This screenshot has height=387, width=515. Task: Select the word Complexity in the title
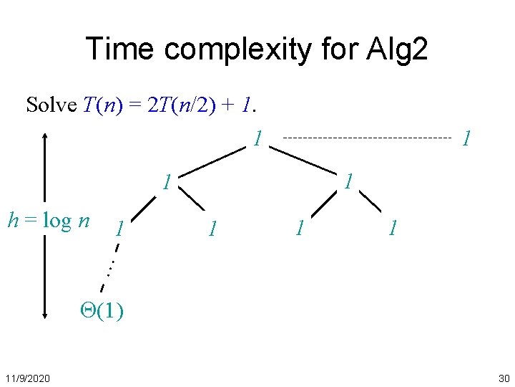pos(236,50)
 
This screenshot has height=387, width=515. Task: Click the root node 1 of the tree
pos(257,138)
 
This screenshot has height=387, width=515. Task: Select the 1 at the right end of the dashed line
pos(466,138)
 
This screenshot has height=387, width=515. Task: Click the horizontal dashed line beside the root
pos(368,136)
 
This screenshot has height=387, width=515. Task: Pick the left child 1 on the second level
pos(166,182)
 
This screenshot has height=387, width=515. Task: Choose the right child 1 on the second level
pos(348,181)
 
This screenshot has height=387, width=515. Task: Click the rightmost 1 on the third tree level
pos(392,229)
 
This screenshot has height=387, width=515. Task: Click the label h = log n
pos(48,220)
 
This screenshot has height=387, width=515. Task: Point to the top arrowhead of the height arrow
pos(45,136)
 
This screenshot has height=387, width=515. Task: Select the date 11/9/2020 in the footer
pos(29,378)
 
